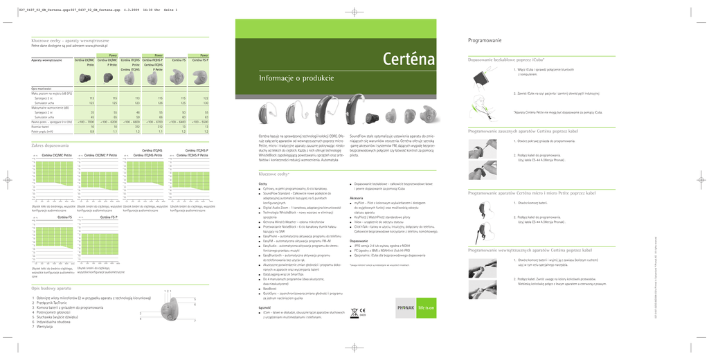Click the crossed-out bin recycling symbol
coord(352,311)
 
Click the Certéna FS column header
coord(178,61)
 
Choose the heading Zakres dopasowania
coord(51,145)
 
